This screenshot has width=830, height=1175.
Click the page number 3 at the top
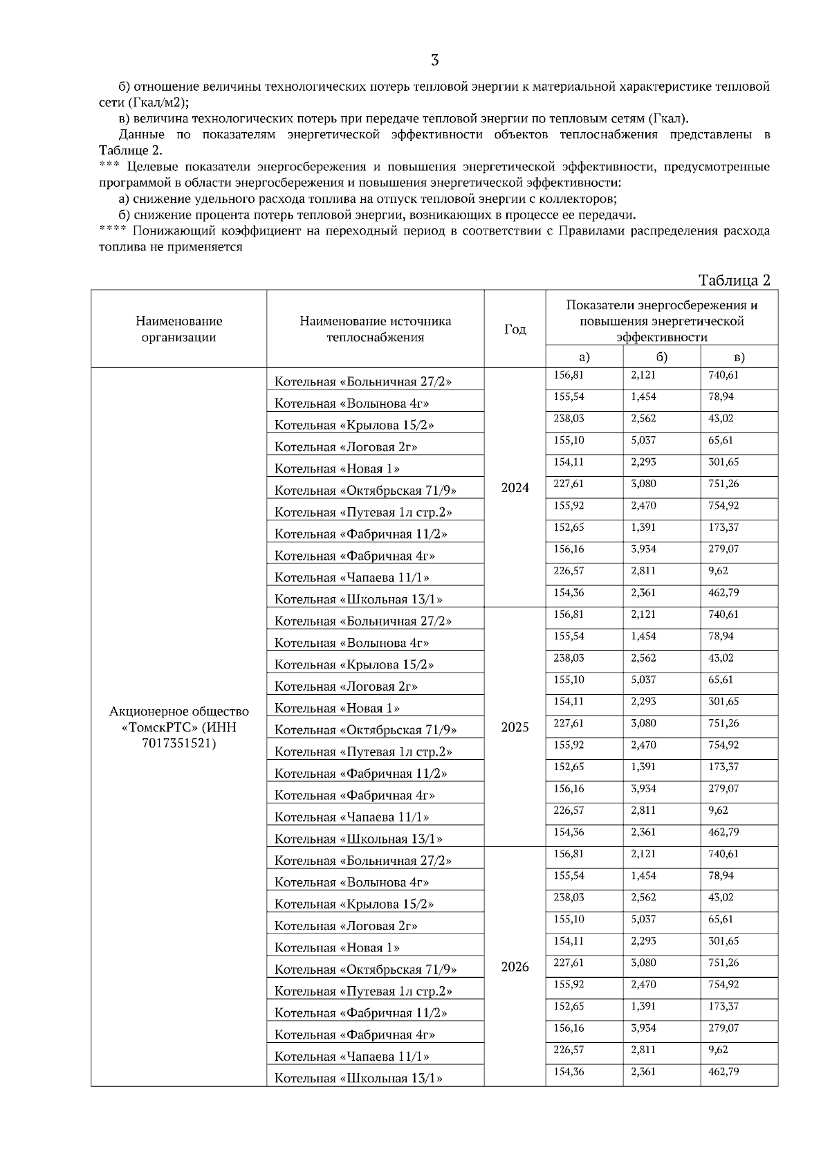point(434,60)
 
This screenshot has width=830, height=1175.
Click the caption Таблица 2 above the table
point(734,280)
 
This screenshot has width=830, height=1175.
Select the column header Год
point(515,329)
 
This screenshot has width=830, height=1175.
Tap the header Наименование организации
point(179,329)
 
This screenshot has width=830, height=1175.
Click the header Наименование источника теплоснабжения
point(375,329)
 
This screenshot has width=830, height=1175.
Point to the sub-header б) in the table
point(661,357)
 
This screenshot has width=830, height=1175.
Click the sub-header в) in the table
point(739,357)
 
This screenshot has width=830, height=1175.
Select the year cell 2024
point(515,488)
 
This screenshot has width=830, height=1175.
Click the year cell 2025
point(515,727)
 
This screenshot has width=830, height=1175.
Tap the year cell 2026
point(515,967)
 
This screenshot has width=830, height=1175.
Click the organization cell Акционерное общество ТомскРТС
point(179,727)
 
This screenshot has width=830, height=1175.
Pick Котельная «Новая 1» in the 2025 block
point(337,708)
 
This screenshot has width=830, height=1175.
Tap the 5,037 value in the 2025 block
point(643,680)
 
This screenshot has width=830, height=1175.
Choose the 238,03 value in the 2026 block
point(569,898)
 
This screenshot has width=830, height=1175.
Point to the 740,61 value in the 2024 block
point(723,375)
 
